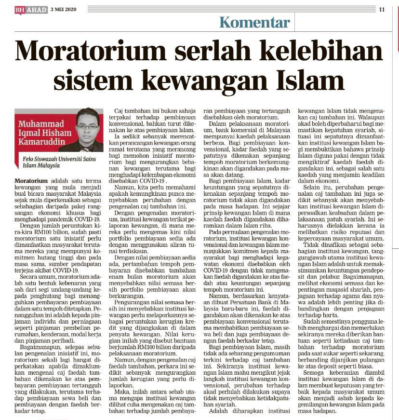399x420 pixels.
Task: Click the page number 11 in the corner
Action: click(382, 9)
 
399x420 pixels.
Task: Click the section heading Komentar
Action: click(254, 22)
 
